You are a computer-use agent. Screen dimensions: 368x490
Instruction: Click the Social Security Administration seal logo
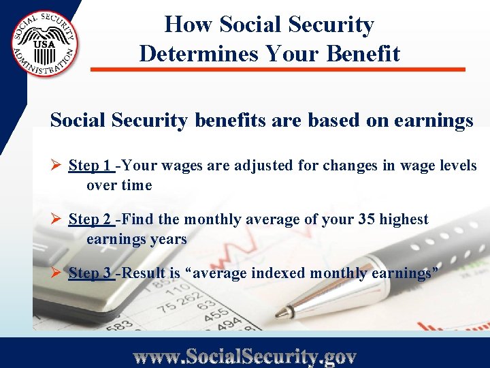click(x=45, y=44)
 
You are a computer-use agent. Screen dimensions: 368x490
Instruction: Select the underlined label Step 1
click(x=91, y=166)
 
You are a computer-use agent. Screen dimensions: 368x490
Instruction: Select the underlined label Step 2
click(x=91, y=219)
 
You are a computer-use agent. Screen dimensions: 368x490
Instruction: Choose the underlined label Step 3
click(x=91, y=273)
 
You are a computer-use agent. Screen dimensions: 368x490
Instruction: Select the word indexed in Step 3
click(x=278, y=273)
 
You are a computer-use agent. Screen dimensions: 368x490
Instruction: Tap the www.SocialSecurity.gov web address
click(x=244, y=355)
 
